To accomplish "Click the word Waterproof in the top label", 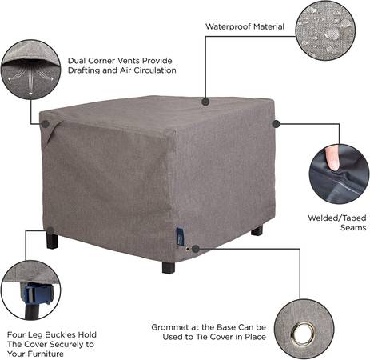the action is pyautogui.click(x=229, y=26).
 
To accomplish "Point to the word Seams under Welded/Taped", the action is pyautogui.click(x=353, y=228).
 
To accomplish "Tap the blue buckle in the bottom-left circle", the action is pyautogui.click(x=39, y=294).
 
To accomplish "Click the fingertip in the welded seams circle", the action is pyautogui.click(x=332, y=158).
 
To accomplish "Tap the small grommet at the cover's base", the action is pyautogui.click(x=188, y=250).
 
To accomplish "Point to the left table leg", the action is pyautogui.click(x=52, y=240).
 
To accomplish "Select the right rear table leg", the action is pyautogui.click(x=257, y=230).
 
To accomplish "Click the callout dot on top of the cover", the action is pyautogui.click(x=205, y=102).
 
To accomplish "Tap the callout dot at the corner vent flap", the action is pyautogui.click(x=46, y=124).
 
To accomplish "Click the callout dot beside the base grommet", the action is pyautogui.click(x=196, y=249).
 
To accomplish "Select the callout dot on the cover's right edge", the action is pyautogui.click(x=277, y=124).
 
